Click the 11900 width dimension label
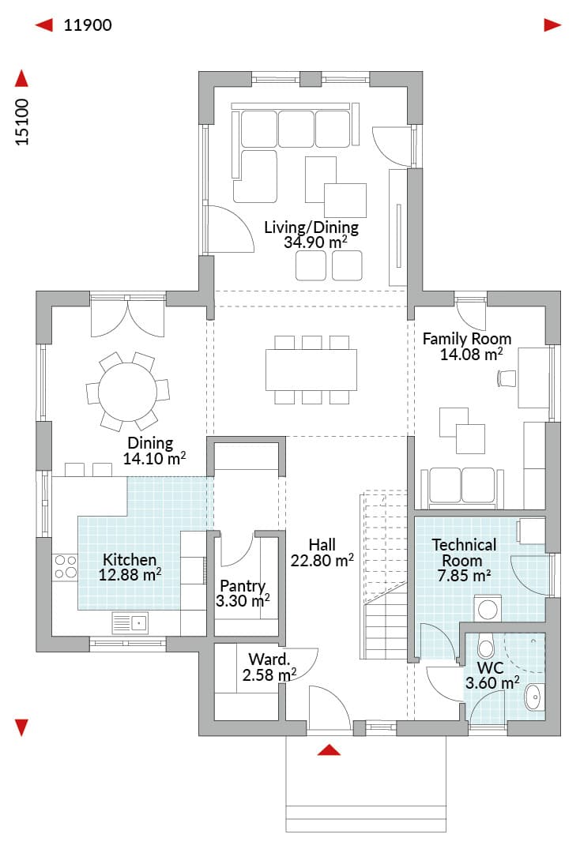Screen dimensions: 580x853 [x=88, y=25]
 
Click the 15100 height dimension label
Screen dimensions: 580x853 [x=22, y=122]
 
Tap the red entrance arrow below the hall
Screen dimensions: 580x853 [x=329, y=750]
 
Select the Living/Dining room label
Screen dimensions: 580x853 [x=311, y=227]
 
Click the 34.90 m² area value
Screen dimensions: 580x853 [x=315, y=242]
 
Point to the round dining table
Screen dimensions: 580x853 [x=128, y=391]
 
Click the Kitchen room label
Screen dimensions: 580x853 [x=130, y=559]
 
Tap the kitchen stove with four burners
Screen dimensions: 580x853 [x=66, y=566]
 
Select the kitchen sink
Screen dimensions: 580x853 [x=130, y=623]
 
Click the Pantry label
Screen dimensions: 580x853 [x=243, y=586]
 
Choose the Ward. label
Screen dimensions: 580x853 [x=269, y=659]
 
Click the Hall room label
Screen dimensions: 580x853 [x=322, y=544]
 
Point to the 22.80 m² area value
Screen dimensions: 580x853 [x=322, y=560]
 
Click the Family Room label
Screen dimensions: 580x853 [x=467, y=339]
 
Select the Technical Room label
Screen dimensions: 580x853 [x=464, y=552]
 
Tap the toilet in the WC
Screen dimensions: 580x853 [x=485, y=646]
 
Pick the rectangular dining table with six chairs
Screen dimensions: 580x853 [x=311, y=370]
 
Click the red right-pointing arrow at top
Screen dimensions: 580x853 [x=553, y=25]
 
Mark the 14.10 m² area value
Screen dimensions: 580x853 [x=155, y=458]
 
